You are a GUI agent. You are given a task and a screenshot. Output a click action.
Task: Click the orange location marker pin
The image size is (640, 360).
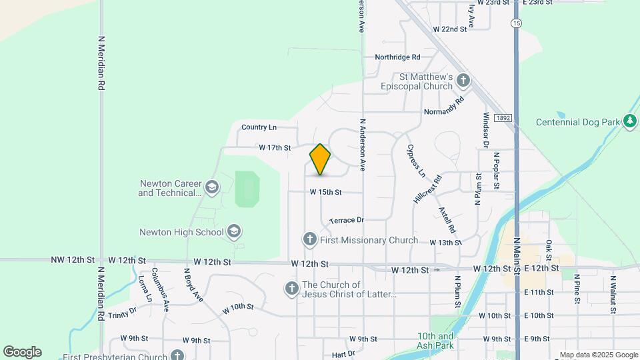(x=321, y=159)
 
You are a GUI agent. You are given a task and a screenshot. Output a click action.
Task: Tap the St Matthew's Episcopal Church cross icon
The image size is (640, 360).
(x=463, y=81)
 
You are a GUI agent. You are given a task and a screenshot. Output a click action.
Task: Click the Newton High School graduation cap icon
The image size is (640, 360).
(x=233, y=232)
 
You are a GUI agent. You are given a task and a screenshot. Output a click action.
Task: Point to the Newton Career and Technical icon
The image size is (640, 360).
(x=212, y=187)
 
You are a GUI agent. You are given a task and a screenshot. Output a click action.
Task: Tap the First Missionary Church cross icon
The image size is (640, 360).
(x=309, y=239)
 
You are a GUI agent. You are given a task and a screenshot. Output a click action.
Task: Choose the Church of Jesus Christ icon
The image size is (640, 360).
(x=291, y=289)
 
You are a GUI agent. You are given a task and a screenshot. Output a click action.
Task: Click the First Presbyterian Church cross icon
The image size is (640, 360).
(x=177, y=356)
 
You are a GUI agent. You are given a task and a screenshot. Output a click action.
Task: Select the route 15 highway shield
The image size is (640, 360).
(x=517, y=23)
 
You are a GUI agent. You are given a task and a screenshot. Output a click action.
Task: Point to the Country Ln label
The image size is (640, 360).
(x=259, y=127)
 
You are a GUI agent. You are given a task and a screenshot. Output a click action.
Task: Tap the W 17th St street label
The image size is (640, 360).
(x=275, y=147)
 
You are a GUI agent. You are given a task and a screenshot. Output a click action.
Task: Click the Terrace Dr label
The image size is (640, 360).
(x=347, y=220)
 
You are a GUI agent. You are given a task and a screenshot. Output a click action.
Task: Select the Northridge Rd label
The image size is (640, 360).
(x=397, y=57)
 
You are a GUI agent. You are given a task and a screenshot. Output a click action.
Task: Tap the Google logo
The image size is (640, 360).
(x=22, y=352)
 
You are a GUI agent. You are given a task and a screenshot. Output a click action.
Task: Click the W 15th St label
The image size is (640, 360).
(x=325, y=192)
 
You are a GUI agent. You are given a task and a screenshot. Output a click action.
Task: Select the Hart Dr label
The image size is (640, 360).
(x=343, y=354)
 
